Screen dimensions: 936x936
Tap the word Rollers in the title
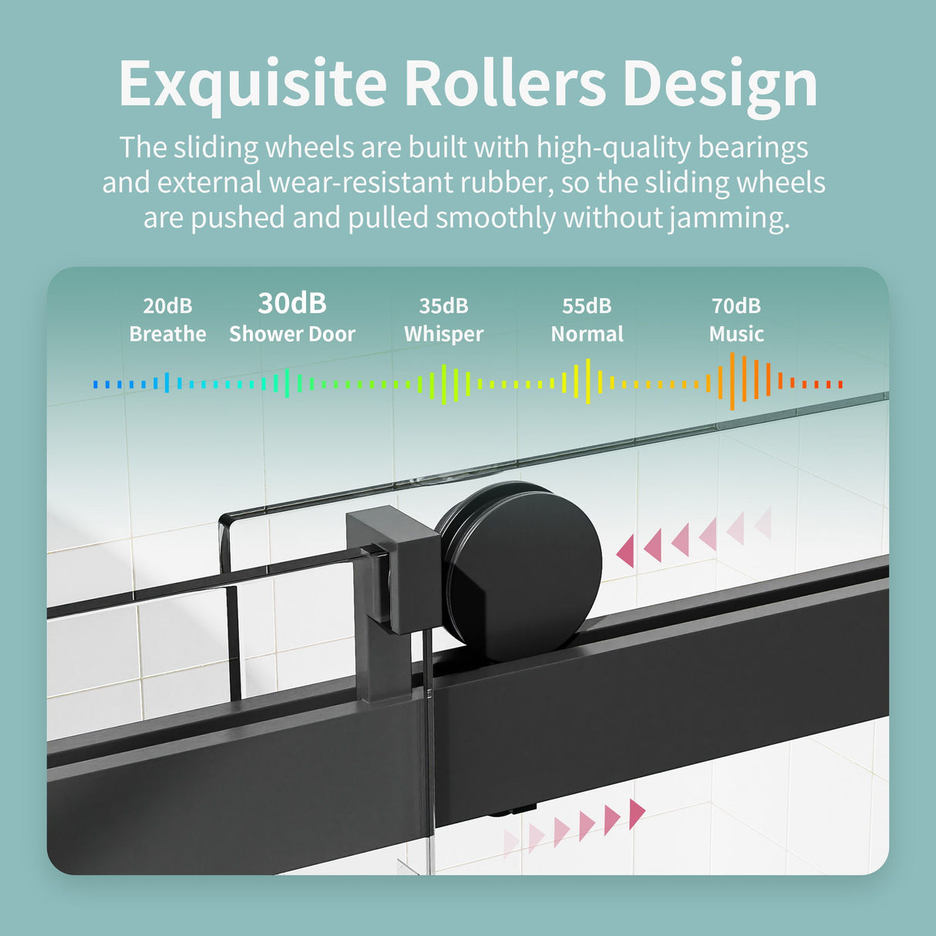point(506,82)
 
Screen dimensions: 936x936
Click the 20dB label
point(167,306)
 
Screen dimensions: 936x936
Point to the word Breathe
point(167,334)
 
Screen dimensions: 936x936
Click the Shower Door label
point(292,334)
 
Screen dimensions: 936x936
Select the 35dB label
point(443,306)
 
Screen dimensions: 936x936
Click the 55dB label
point(587,306)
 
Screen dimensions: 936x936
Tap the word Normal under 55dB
point(587,334)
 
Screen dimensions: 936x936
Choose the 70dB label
point(736,306)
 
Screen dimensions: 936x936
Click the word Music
point(736,334)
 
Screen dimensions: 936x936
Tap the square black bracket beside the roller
point(393,568)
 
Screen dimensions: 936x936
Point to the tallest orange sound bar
point(732,382)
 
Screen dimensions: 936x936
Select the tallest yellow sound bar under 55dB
point(588,382)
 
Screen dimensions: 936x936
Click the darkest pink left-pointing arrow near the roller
point(626,550)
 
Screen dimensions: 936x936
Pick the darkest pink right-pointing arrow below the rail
point(637,813)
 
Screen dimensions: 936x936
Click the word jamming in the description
point(729,218)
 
